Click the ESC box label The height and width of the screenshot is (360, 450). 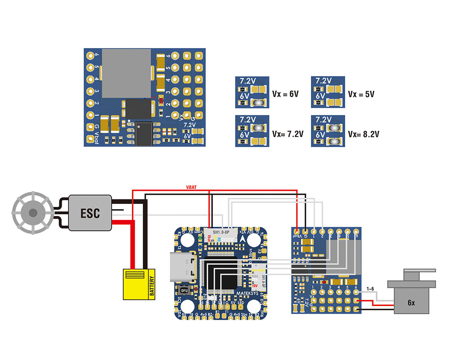click(90, 212)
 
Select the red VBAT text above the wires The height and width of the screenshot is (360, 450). click(191, 187)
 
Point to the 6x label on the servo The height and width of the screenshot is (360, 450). click(411, 303)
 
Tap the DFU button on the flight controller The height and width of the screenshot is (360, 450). click(184, 290)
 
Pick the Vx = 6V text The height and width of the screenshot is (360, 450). click(285, 94)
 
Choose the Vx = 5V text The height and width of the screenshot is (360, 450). click(361, 94)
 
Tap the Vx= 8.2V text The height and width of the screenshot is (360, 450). click(364, 134)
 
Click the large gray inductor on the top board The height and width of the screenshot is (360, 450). click(126, 73)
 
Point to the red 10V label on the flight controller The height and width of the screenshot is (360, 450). click(254, 285)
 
